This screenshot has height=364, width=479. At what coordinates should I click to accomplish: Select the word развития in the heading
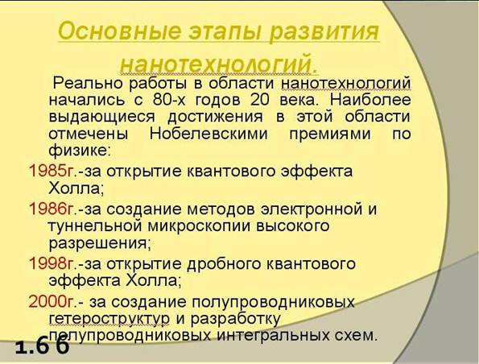324,31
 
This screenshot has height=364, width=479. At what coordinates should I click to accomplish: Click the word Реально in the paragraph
88,84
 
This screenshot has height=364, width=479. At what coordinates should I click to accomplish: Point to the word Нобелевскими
209,134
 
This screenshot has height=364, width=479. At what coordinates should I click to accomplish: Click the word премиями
329,134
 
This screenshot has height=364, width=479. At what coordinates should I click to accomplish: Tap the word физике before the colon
77,151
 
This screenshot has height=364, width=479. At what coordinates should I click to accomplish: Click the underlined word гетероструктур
109,319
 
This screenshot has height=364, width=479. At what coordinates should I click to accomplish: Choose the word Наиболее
370,100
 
